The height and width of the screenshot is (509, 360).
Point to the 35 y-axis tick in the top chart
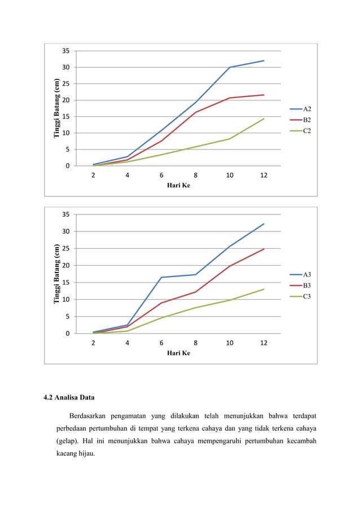click(65, 51)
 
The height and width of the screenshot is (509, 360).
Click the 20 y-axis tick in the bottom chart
click(65, 265)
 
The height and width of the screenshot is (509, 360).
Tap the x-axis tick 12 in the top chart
click(264, 175)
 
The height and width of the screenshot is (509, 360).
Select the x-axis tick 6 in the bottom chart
click(161, 343)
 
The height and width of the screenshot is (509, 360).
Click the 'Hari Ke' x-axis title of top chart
click(178, 185)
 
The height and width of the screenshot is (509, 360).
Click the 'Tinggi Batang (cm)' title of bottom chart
click(57, 274)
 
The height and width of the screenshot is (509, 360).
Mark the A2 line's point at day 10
click(230, 67)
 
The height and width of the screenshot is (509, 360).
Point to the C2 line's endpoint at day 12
click(264, 119)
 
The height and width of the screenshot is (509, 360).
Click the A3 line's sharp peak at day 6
click(161, 277)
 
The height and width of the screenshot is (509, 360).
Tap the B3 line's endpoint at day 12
click(264, 249)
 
